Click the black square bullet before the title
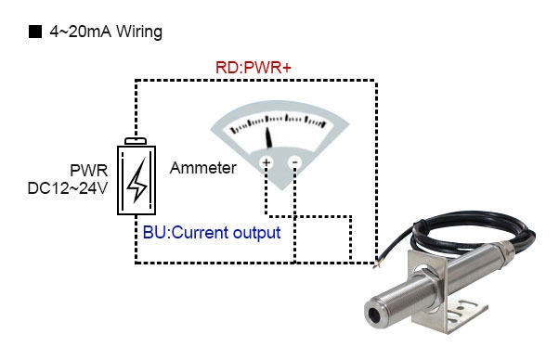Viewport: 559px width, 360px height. point(35,32)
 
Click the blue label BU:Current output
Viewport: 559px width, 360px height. point(212,232)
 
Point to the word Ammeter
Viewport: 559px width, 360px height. point(202,168)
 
